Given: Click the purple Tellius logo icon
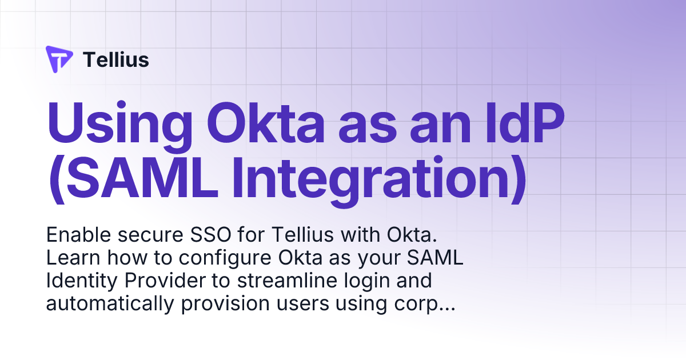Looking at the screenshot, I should pos(59,59).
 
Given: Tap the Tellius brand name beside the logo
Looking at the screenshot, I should pos(116,59).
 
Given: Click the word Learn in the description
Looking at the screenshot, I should pos(69,258).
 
